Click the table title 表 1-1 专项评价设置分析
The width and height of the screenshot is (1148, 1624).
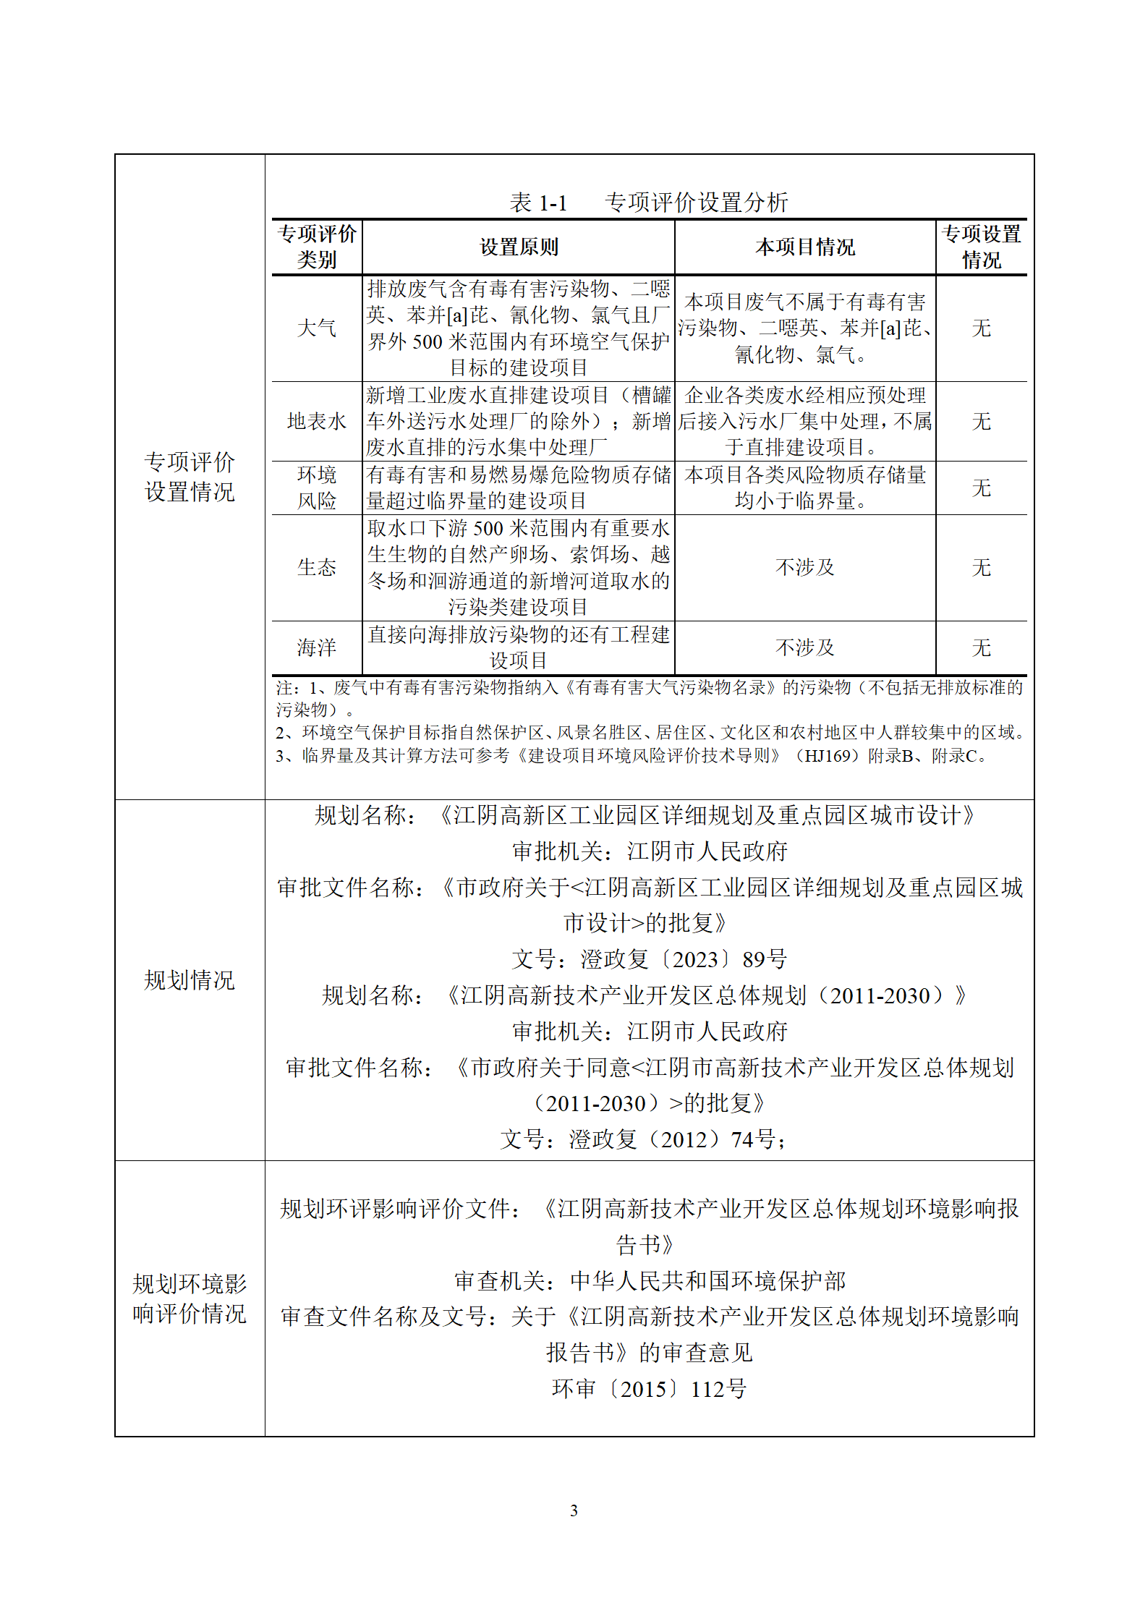tap(648, 203)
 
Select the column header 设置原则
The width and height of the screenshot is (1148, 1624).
tap(519, 247)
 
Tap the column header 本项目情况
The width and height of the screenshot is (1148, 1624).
tap(804, 247)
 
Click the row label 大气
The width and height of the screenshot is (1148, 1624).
tap(317, 328)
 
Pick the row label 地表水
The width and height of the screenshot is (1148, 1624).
tap(317, 422)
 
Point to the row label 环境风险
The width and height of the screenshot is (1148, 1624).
tap(317, 488)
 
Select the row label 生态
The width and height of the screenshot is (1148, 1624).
tap(317, 568)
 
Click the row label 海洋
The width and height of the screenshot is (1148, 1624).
tap(317, 648)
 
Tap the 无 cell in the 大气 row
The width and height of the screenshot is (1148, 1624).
tap(981, 328)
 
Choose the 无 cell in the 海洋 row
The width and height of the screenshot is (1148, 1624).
tap(981, 648)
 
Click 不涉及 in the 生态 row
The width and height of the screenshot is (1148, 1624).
tap(804, 568)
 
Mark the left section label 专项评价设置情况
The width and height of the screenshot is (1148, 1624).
tap(190, 477)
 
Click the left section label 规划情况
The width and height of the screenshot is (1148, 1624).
tap(190, 981)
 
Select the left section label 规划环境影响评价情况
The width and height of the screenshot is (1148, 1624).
tap(190, 1299)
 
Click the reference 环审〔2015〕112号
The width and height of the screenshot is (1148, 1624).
tap(648, 1390)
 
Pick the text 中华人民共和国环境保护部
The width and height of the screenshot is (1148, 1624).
tap(707, 1282)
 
